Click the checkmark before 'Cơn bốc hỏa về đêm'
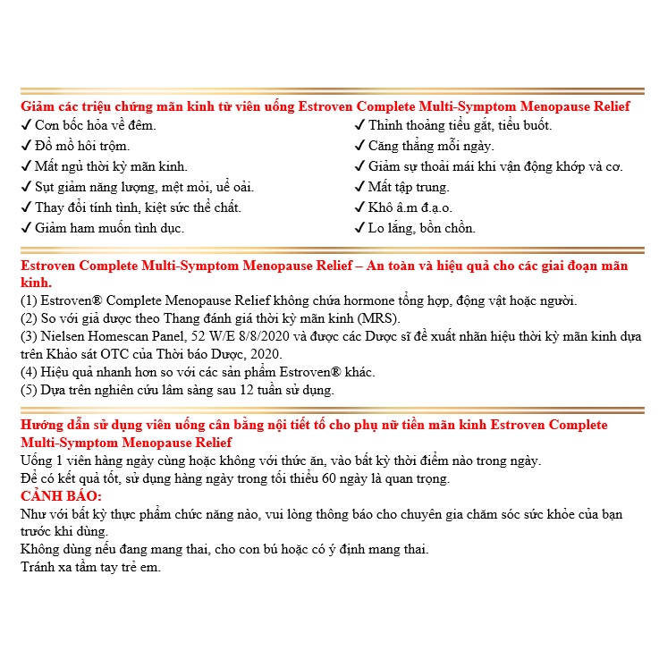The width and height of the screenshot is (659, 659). point(25,125)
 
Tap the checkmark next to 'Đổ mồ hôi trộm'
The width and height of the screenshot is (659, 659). point(25,146)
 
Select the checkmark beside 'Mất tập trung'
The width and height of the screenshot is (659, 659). point(359,187)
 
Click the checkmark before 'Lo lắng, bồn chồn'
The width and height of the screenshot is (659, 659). point(359,228)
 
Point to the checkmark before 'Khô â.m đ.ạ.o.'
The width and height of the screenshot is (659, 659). point(359,207)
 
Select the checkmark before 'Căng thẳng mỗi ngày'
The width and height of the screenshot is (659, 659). point(359,146)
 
